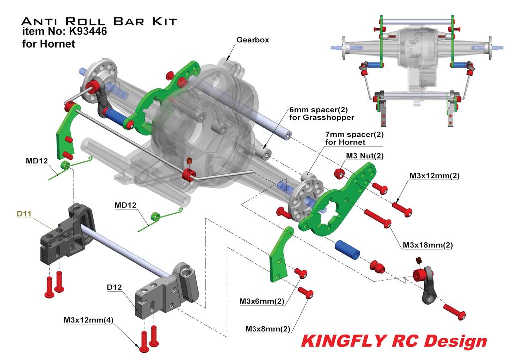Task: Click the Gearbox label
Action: point(253,40)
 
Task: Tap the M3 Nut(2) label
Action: point(365,156)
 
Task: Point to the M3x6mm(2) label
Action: point(261,301)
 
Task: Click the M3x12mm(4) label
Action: point(88,320)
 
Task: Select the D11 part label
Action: point(24,214)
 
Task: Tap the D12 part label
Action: point(115,287)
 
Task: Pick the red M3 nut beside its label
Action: point(338,174)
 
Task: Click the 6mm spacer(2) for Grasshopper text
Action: point(322,114)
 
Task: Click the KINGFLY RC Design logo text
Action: point(393,341)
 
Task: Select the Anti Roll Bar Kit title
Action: point(99,21)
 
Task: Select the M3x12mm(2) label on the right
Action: point(434,176)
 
